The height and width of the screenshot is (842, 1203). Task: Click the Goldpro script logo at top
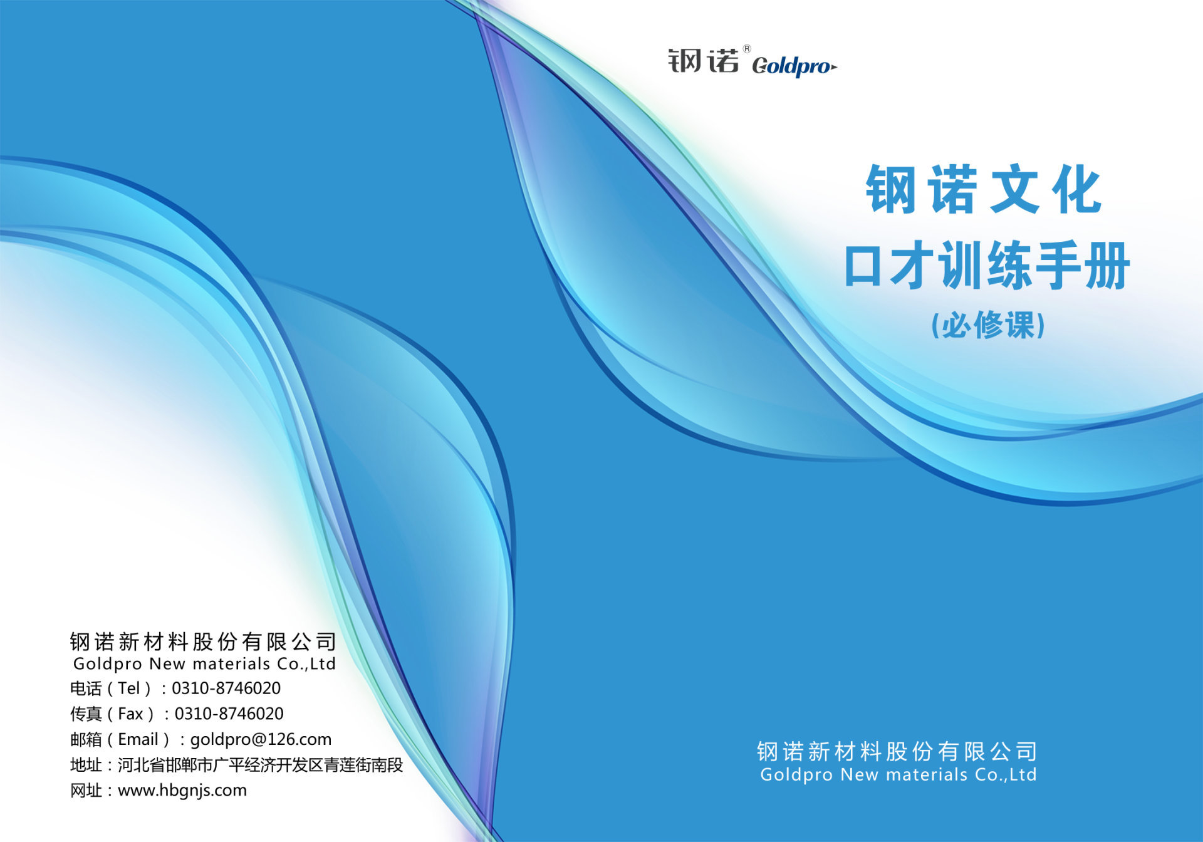click(794, 66)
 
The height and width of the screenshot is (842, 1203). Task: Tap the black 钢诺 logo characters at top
click(704, 60)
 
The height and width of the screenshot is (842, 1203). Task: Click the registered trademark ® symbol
click(747, 49)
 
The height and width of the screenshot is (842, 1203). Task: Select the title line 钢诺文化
click(984, 189)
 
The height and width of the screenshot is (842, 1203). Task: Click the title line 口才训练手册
click(987, 266)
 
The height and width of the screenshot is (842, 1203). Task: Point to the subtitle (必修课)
click(988, 325)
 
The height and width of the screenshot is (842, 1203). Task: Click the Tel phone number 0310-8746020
click(226, 688)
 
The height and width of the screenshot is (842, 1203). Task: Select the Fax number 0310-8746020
click(229, 714)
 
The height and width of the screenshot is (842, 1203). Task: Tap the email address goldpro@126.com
click(261, 739)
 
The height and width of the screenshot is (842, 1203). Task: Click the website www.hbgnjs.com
click(182, 791)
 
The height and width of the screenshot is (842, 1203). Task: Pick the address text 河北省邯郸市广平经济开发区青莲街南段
click(260, 765)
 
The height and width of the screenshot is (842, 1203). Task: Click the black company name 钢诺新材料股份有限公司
click(203, 642)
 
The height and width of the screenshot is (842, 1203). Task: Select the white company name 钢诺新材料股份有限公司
click(897, 751)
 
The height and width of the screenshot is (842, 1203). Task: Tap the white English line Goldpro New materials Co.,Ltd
click(898, 775)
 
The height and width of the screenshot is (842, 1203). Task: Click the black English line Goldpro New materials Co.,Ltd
click(204, 664)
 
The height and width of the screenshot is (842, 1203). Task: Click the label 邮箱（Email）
click(120, 740)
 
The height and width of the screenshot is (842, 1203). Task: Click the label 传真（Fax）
click(113, 714)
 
